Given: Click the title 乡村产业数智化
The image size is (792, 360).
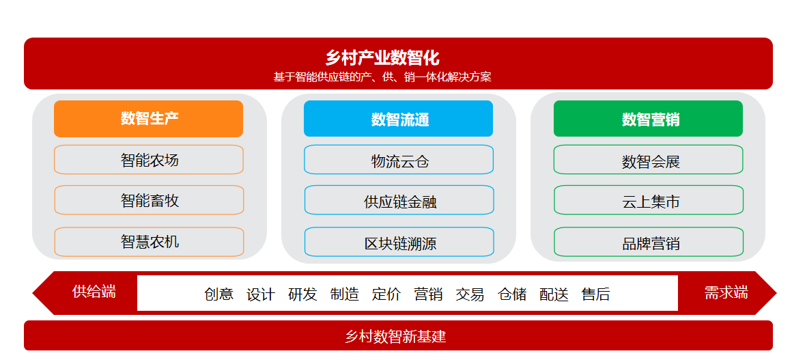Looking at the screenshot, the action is [382, 57].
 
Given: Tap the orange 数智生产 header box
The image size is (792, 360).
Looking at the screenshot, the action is [149, 119].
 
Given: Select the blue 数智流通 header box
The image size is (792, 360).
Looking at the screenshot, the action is [398, 119].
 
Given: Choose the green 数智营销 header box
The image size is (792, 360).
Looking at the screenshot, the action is [648, 119].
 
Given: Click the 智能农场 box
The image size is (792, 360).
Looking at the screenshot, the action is [149, 160].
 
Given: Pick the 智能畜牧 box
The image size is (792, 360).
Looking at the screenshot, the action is [149, 200].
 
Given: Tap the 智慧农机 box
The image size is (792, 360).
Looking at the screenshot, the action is [149, 242].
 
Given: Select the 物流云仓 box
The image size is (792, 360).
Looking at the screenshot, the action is [399, 160].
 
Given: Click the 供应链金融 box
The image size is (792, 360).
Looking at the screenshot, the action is [399, 200].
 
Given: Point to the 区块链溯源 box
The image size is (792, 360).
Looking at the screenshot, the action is [399, 242].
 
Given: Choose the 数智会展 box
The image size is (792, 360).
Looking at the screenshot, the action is [649, 160].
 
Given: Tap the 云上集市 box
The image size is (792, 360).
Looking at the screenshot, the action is [649, 200].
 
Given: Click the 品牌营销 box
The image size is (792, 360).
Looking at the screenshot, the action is [649, 242].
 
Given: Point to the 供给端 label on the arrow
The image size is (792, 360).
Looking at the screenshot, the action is [94, 292].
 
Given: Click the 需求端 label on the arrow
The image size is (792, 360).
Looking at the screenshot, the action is [726, 292].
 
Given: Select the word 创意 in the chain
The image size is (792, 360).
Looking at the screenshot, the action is [218, 294].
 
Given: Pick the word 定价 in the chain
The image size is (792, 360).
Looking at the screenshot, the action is [386, 294].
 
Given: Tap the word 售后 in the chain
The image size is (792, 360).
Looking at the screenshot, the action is [596, 294].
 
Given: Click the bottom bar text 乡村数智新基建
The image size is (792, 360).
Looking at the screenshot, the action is [395, 336].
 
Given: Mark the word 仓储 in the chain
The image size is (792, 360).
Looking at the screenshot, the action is [512, 294].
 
